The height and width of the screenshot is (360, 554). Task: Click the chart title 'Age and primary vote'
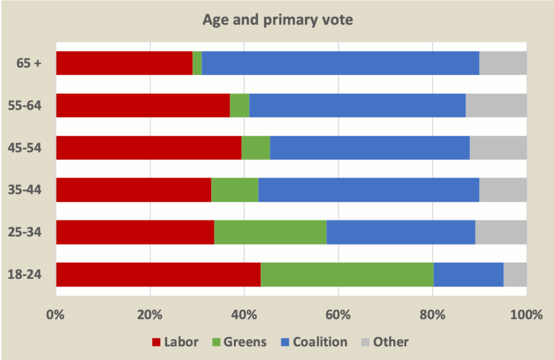coord(277,21)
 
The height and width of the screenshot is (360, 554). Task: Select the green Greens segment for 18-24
coord(347,275)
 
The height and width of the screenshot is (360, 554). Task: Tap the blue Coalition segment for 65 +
coord(340,63)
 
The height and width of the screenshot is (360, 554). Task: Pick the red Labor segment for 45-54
coord(149,148)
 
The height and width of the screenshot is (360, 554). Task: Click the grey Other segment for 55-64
coord(496,105)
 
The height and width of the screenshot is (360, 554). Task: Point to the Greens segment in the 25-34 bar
coord(271,232)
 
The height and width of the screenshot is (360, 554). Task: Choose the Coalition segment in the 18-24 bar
coord(469,275)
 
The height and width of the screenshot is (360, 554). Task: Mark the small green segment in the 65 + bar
coord(197,63)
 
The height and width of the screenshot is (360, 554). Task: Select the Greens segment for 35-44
coord(235,190)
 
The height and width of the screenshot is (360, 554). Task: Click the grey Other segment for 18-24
coord(515,275)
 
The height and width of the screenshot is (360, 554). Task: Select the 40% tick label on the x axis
coord(244,315)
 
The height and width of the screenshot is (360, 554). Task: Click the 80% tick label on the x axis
coord(432,315)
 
